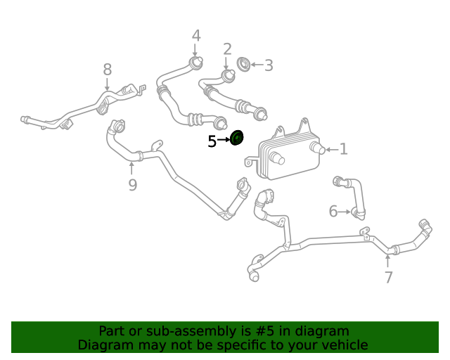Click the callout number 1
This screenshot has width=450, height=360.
(x=344, y=149)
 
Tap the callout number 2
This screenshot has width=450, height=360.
(x=227, y=49)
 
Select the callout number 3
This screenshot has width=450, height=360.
(x=269, y=65)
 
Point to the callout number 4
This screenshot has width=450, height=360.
(x=196, y=36)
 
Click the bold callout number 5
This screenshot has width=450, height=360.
(x=212, y=141)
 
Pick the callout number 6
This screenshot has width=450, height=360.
(x=333, y=212)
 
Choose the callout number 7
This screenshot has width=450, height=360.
(x=388, y=277)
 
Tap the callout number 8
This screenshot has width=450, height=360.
(x=108, y=70)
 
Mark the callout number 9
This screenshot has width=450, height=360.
(x=132, y=185)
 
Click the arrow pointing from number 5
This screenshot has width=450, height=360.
(x=224, y=140)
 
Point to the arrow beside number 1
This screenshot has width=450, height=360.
(x=332, y=150)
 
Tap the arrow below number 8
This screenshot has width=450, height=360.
(x=107, y=84)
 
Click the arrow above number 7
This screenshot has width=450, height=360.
(x=387, y=262)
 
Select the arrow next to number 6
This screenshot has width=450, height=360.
(x=344, y=212)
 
